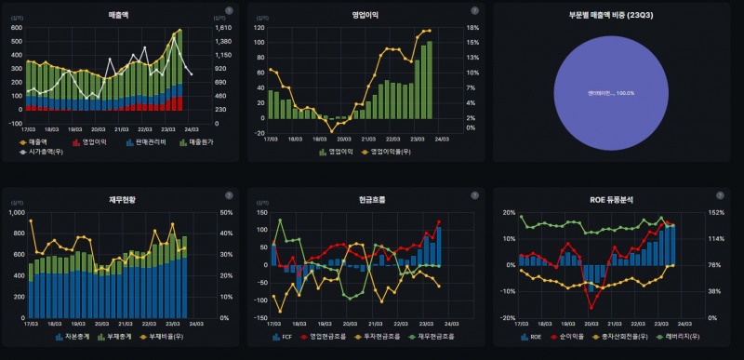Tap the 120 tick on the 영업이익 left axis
pyautogui.click(x=259, y=28)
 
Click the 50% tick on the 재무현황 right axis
pyautogui.click(x=224, y=212)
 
